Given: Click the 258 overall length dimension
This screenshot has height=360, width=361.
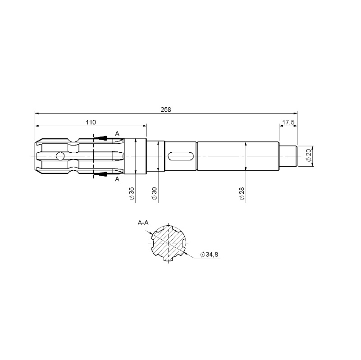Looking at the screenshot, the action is coord(166,109).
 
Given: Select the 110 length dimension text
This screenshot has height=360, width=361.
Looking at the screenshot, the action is coord(91,122).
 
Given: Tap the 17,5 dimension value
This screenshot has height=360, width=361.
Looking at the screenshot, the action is coord(288,122).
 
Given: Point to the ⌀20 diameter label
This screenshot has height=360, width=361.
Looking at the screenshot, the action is coord(309,155).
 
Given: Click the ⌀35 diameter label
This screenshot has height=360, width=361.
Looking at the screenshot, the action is coord(132,194).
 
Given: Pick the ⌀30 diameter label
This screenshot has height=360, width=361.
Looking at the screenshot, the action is coord(154,194).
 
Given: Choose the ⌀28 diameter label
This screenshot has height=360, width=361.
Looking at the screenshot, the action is coord(242,194).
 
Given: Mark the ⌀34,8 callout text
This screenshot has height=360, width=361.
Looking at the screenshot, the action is coord(209,255).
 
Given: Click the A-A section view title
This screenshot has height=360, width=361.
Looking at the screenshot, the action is coord(143,223).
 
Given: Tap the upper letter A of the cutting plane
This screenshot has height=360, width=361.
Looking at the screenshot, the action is coord(117,133).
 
